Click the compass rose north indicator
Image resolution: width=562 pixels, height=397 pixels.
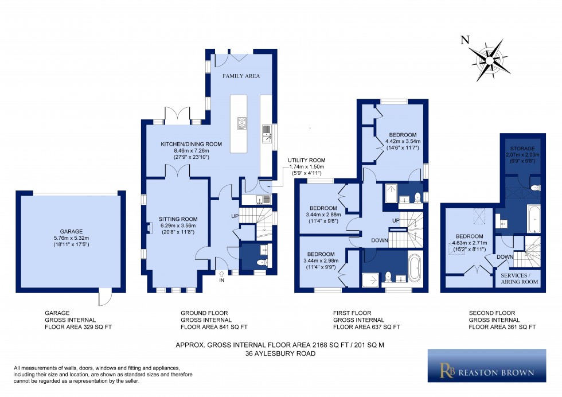(x=465, y=40)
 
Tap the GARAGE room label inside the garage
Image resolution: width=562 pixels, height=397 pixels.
(x=71, y=232)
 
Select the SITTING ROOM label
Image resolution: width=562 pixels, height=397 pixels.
(x=178, y=219)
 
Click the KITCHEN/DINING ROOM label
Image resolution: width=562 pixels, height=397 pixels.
(x=191, y=144)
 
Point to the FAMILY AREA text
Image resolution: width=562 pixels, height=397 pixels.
(x=241, y=76)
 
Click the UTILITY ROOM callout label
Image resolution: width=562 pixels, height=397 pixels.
(x=307, y=160)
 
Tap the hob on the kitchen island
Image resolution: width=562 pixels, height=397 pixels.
(x=241, y=123)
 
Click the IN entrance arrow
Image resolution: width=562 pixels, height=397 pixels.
(x=221, y=274)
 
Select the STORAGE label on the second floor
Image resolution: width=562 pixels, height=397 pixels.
(x=522, y=149)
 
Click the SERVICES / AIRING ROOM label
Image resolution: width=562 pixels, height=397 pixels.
(x=520, y=279)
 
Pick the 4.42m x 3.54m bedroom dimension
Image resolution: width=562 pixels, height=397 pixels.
(x=403, y=141)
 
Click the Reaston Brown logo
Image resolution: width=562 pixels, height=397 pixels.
(x=487, y=365)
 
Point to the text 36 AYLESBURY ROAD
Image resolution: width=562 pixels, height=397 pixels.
(x=280, y=353)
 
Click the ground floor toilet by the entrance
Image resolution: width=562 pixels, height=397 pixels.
(x=263, y=263)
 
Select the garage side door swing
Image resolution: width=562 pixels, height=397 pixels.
(x=106, y=297)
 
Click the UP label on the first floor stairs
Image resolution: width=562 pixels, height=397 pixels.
(x=396, y=220)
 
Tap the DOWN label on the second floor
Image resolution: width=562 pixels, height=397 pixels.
(x=505, y=257)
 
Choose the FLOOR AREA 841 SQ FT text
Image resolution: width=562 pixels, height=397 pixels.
(x=214, y=327)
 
